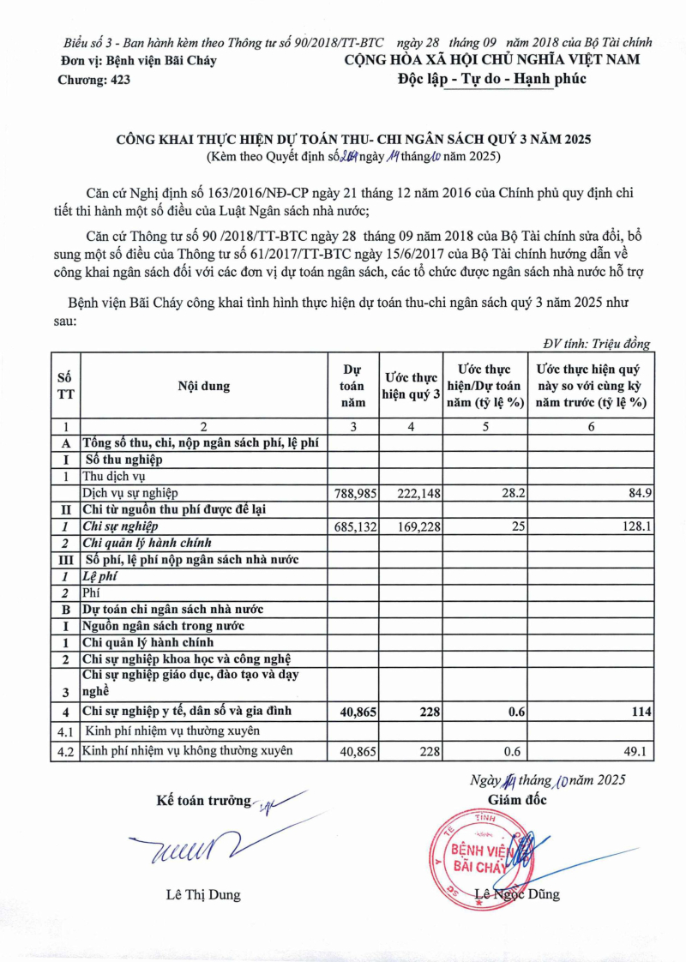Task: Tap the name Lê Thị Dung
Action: pos(203,895)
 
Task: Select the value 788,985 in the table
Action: pos(354,492)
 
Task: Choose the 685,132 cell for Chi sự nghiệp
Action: pos(354,526)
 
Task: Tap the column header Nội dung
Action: pos(204,386)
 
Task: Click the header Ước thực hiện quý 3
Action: pos(411,386)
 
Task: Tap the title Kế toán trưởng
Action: pos(203,801)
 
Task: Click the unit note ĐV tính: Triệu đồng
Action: pos(597,343)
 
